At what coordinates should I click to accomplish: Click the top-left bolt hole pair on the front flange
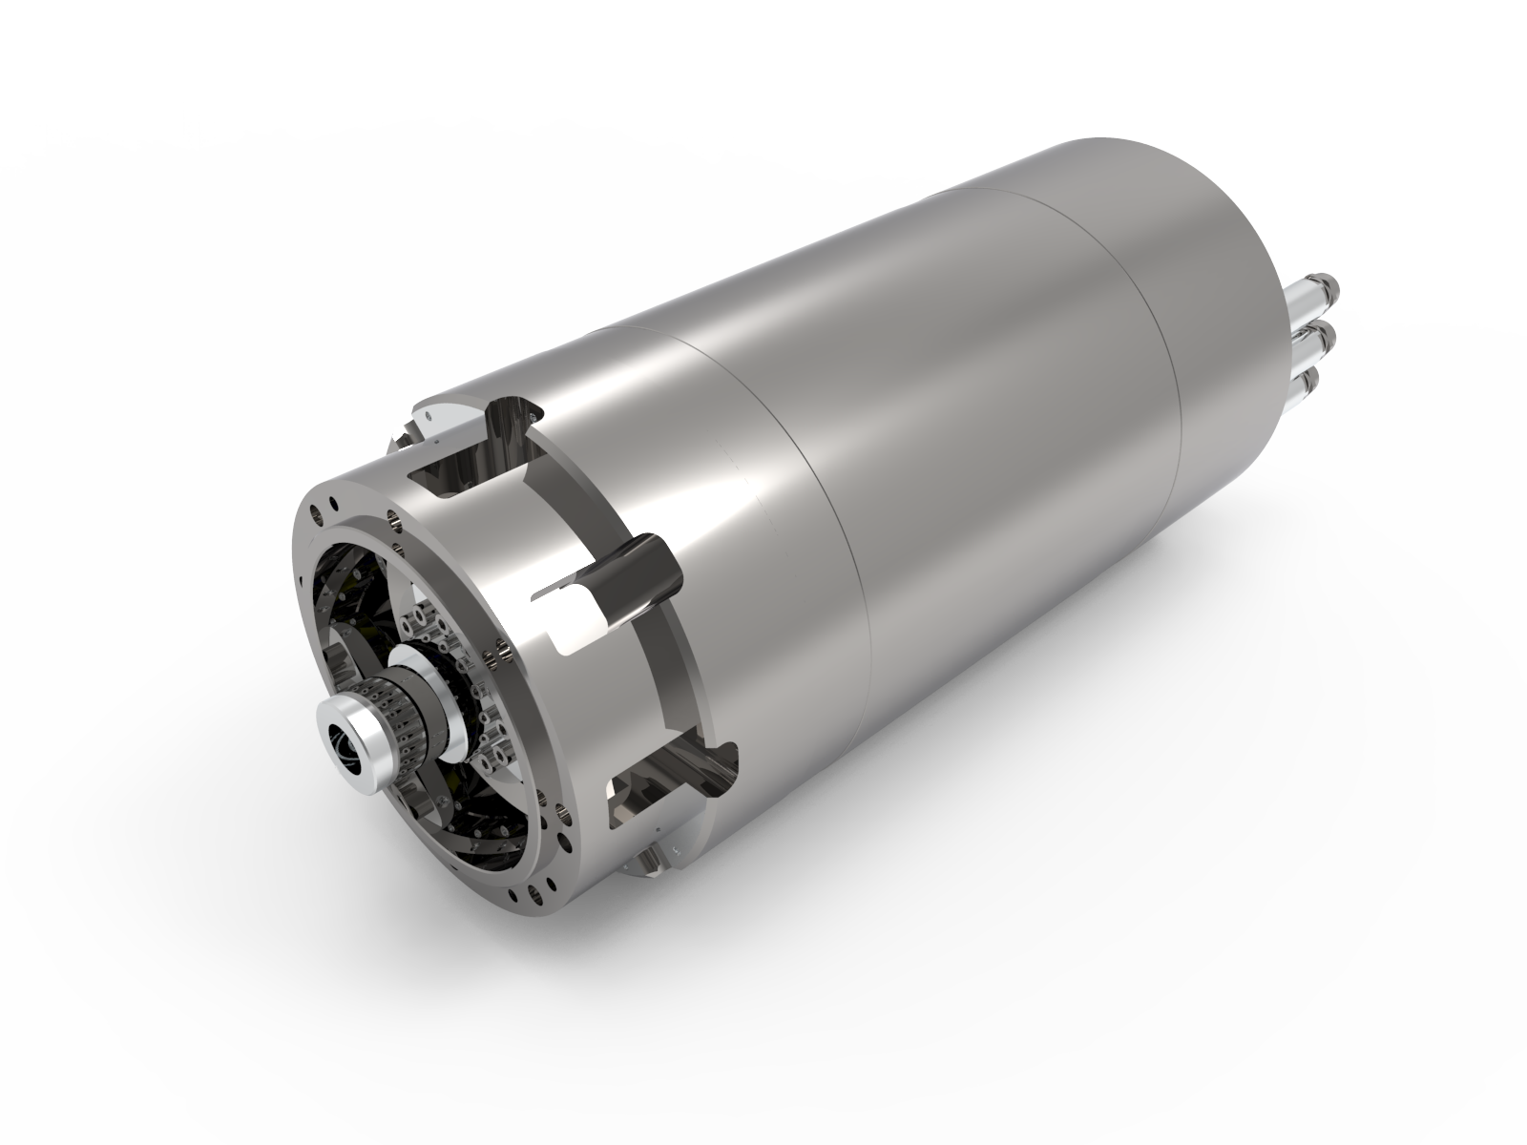coord(325,504)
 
